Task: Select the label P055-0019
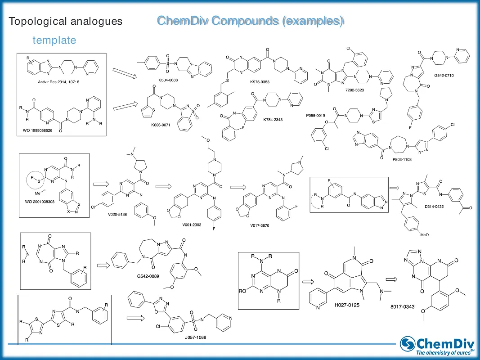click(315, 115)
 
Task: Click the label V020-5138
click(117, 214)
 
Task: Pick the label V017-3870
click(260, 225)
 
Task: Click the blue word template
click(54, 40)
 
